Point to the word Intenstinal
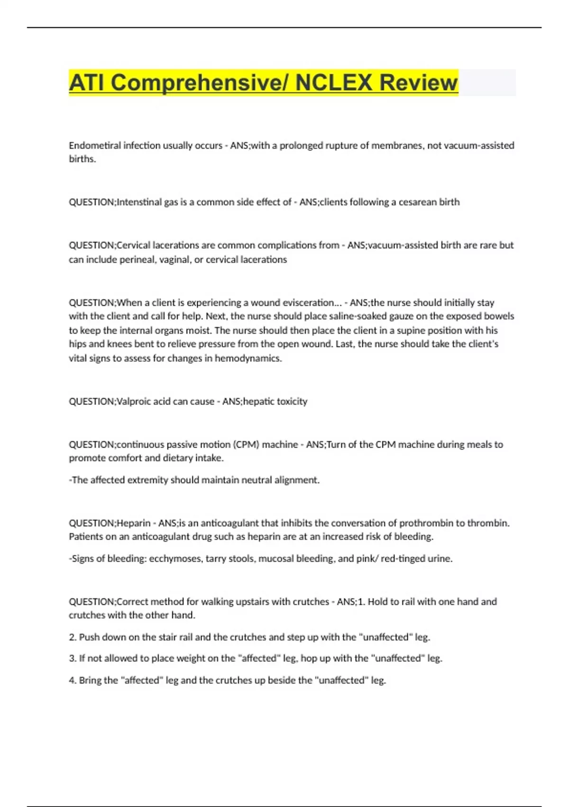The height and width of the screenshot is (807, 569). tap(139, 202)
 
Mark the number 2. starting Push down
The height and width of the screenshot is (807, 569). tap(73, 637)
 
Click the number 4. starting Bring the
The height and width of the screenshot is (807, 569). tap(73, 680)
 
